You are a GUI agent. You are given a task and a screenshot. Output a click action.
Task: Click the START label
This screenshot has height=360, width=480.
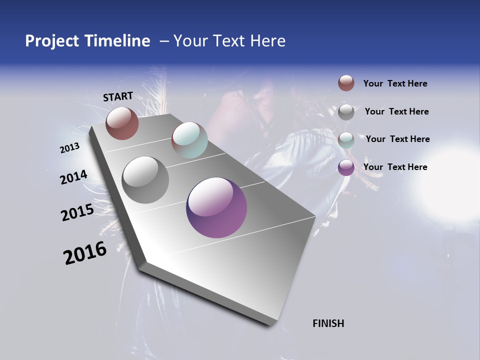coord(118,96)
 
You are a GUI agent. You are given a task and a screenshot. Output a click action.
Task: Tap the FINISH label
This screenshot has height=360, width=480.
coord(328,323)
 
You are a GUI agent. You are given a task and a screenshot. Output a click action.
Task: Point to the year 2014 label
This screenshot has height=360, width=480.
coord(74,177)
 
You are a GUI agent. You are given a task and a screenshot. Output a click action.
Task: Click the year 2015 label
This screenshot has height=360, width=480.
coord(77,212)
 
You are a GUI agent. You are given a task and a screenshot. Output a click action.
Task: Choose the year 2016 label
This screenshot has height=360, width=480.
coord(85,253)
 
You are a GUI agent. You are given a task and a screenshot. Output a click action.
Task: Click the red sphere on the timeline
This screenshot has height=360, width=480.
coord(122,123)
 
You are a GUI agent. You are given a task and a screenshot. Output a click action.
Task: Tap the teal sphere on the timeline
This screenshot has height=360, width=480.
coord(189,140)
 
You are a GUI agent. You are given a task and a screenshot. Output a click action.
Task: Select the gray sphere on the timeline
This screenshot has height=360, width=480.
coord(145,179)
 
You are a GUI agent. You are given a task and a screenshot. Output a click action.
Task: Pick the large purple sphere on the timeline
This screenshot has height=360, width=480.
coord(216,207)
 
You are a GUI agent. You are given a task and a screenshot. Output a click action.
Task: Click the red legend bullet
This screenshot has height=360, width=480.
coord(346,83)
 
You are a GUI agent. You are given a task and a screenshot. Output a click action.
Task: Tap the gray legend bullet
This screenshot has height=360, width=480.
coord(346,112)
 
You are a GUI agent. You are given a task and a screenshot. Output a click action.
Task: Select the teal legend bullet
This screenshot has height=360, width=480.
coord(346,140)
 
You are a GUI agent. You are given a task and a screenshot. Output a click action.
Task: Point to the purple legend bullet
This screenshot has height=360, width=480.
coord(346,167)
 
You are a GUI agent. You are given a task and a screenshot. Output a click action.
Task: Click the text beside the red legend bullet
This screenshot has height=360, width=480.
coord(395,83)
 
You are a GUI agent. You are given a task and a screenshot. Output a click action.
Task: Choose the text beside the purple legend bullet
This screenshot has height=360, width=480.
coord(395,167)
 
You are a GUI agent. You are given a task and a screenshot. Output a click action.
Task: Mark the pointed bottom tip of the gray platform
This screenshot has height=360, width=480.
coord(270,324)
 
